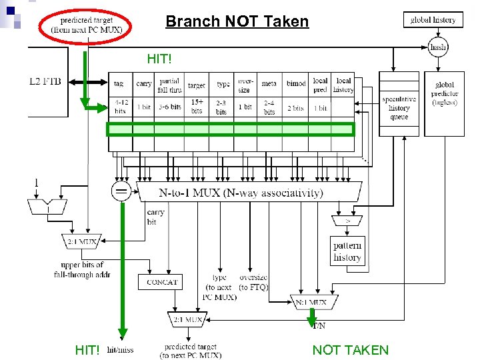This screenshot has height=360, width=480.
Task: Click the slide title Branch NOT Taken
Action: click(x=237, y=21)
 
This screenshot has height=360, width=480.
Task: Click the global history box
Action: click(x=433, y=20)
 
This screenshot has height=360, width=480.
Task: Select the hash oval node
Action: click(x=438, y=47)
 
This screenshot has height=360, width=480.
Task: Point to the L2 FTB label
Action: click(x=45, y=81)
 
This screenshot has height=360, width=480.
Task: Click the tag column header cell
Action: click(x=119, y=84)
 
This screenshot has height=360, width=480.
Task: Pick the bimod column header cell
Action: click(x=296, y=84)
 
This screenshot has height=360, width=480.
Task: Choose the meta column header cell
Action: click(x=269, y=84)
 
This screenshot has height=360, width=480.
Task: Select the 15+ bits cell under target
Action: click(x=197, y=106)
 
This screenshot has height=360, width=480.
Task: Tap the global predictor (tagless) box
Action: click(x=444, y=94)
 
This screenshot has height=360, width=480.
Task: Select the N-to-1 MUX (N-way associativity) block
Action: click(x=250, y=193)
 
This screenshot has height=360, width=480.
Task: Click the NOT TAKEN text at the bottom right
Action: click(x=350, y=350)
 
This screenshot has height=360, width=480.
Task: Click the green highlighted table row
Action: click(x=231, y=129)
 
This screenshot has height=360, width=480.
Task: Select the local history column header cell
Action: click(x=343, y=85)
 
